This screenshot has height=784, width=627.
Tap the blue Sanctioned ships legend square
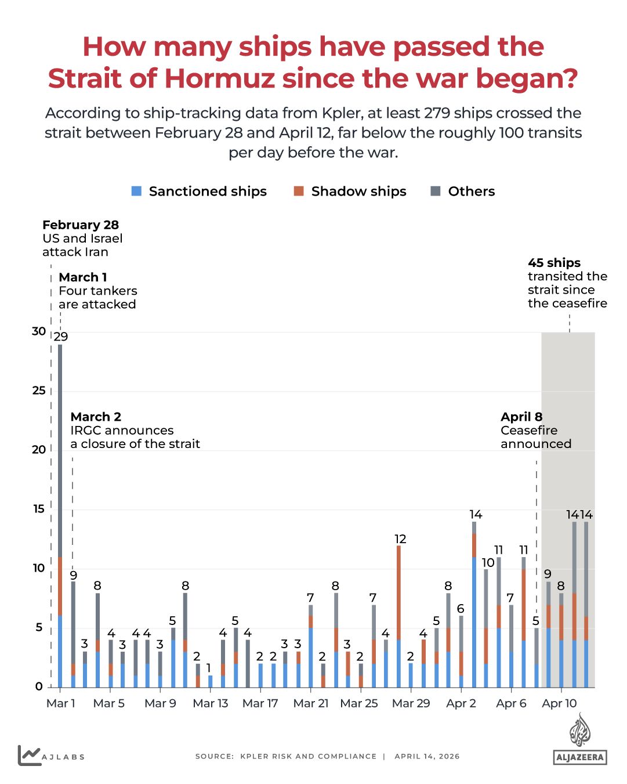click(137, 191)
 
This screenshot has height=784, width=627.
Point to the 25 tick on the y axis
click(39, 391)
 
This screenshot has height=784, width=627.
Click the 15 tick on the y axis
click(39, 509)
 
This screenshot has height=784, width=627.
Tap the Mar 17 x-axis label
click(260, 703)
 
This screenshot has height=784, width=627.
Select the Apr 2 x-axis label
click(461, 703)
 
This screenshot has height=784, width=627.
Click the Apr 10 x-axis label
click(559, 703)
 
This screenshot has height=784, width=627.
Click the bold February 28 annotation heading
click(81, 225)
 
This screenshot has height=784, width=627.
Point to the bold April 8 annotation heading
click(521, 417)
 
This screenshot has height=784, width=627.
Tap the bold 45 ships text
click(554, 263)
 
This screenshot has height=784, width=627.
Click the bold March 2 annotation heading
click(96, 417)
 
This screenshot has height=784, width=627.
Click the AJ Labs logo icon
click(29, 755)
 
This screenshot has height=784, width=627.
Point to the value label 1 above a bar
click(209, 668)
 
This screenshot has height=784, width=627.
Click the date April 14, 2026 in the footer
click(427, 756)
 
